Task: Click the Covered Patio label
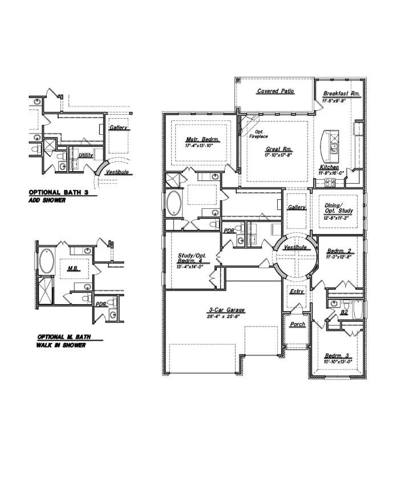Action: (x=276, y=91)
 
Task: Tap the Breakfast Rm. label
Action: (x=341, y=94)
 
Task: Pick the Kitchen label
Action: (x=329, y=167)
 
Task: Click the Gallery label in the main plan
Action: (x=297, y=208)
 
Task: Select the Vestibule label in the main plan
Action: (x=295, y=248)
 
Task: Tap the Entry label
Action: (x=297, y=292)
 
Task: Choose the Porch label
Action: (x=297, y=324)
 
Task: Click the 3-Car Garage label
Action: (x=222, y=311)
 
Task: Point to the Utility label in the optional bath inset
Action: (x=86, y=155)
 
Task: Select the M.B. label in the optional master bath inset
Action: (x=72, y=268)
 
